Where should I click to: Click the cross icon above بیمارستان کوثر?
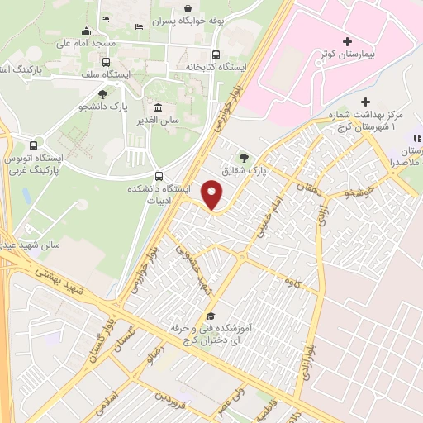coord(346,41)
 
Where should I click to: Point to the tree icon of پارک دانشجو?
coord(102,94)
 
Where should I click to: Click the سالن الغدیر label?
coord(158,121)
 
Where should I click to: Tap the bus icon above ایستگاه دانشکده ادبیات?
coord(159,175)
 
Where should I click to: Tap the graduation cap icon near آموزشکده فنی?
coord(211,316)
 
